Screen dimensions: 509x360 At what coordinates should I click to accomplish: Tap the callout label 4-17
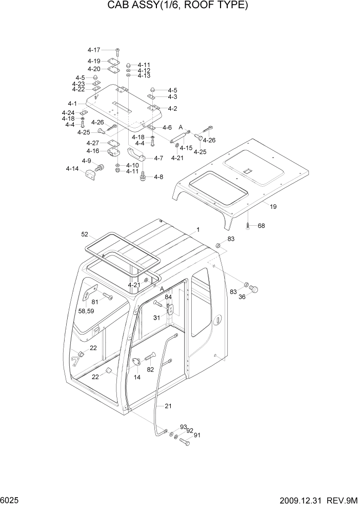coord(94,50)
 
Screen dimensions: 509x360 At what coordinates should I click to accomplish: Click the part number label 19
coord(273,207)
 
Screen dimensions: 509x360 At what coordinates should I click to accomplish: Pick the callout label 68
coord(261,226)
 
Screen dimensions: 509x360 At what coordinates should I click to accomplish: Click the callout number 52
coord(85,234)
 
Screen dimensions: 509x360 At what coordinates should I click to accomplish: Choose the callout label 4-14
coord(72,168)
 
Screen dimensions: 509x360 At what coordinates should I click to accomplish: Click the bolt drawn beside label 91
coord(185,442)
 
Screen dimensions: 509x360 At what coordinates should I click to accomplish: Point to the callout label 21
coord(168,406)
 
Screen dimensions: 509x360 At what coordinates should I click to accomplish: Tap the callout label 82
coord(150,369)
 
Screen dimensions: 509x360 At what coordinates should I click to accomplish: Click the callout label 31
coord(156,318)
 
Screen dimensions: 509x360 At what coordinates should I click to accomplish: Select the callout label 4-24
coord(68,112)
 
